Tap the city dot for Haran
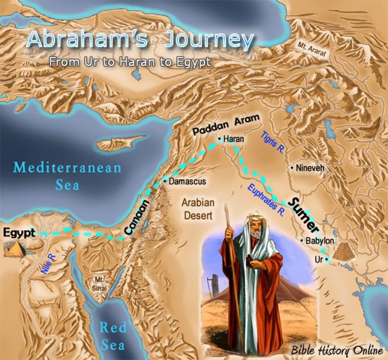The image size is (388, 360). pyautogui.click(x=220, y=139)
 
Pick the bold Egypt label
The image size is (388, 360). pyautogui.click(x=18, y=233)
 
